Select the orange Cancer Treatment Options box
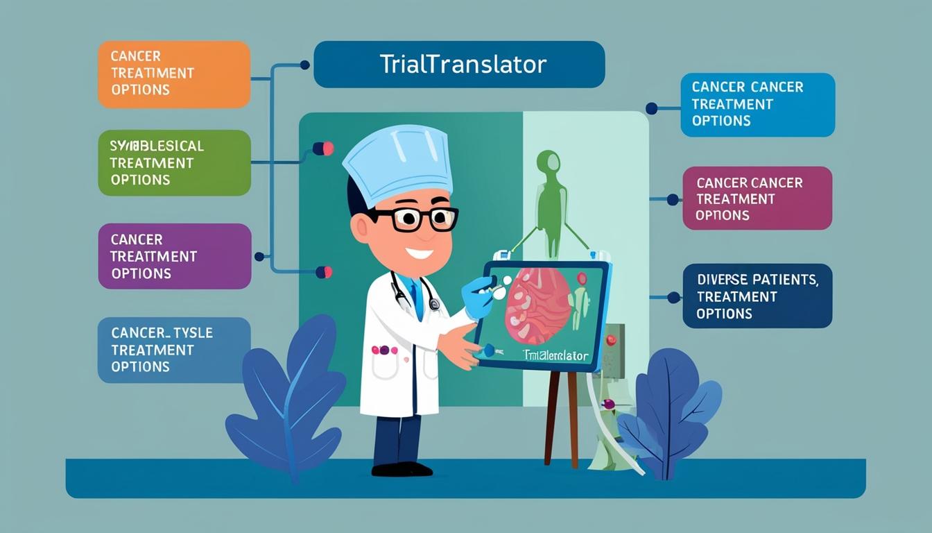173,74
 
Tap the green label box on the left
173,162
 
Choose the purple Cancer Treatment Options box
174,256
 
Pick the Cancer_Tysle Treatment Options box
173,350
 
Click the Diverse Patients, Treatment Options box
757,296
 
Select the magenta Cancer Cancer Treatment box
757,198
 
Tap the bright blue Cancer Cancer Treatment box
757,104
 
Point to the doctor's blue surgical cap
398,163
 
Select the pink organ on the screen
537,305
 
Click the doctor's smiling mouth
419,253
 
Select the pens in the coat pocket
383,350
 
